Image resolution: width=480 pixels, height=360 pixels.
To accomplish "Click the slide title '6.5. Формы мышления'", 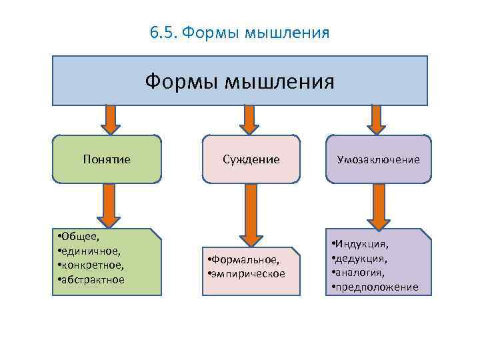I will click(240, 33).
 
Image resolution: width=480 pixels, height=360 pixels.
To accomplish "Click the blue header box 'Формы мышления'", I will click(240, 81).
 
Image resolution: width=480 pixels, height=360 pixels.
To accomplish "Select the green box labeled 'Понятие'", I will click(107, 159).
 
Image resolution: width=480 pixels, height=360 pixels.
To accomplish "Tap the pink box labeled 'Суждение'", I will click(251, 159).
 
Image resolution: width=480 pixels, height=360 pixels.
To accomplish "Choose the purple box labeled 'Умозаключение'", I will click(378, 160).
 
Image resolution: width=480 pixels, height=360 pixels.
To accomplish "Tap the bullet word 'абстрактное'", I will click(93, 279).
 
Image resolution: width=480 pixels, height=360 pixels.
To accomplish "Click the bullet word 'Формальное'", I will click(246, 259).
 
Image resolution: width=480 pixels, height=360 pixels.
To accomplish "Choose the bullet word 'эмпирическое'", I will click(249, 273).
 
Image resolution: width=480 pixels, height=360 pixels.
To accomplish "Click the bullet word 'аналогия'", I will click(361, 273).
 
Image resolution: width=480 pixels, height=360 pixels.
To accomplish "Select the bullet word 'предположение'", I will click(377, 287).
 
